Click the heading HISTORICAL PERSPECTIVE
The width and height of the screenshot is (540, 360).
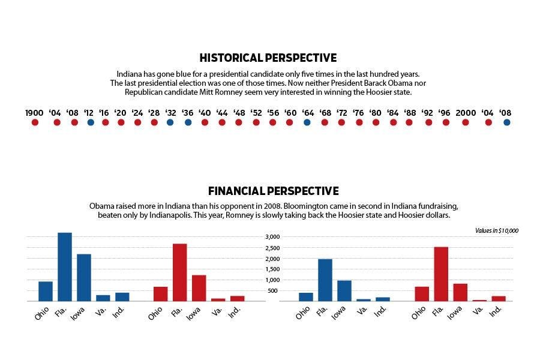(268, 58)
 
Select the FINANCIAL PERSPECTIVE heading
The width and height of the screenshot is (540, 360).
(273, 191)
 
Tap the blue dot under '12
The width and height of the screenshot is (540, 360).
(90, 122)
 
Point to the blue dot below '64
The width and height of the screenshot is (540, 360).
(307, 122)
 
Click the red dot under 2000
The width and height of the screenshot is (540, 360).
(466, 122)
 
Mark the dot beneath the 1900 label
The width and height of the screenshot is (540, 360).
(35, 122)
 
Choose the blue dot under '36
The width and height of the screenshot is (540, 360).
(188, 122)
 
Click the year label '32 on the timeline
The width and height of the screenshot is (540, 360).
(170, 113)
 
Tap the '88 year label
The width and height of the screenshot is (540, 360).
(410, 113)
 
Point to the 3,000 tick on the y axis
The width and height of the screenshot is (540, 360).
(272, 237)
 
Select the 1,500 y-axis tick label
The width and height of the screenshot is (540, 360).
(272, 269)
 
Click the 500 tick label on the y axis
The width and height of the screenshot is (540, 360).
(275, 291)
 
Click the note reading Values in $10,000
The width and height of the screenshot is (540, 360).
(496, 230)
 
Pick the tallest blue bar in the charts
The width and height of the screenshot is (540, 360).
(65, 266)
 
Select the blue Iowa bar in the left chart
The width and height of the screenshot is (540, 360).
(84, 277)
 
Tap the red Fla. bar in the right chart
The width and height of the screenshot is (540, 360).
(441, 274)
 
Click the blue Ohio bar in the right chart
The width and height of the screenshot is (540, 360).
(306, 296)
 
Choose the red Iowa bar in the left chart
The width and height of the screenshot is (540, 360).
(199, 288)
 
